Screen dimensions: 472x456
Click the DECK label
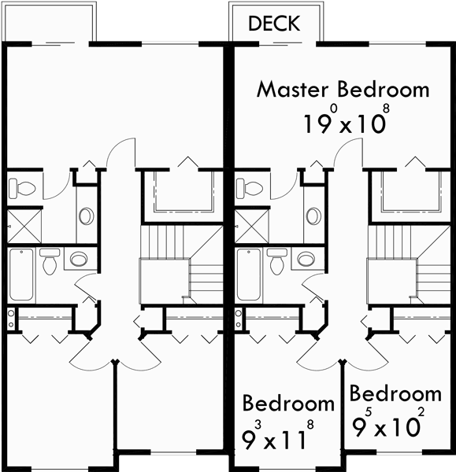274,24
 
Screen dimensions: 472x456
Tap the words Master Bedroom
343,88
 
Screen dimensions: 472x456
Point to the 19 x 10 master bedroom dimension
343,121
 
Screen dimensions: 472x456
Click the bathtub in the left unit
22,275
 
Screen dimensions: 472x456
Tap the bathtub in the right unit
249,275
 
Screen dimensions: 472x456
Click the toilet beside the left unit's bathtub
50,261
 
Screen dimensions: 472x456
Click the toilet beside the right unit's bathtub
276,261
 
